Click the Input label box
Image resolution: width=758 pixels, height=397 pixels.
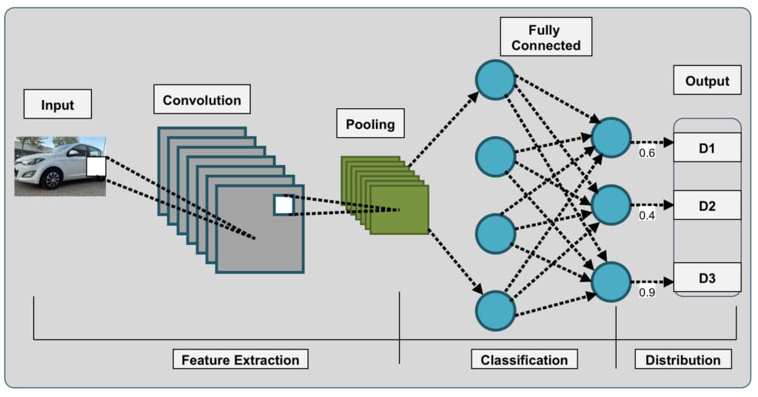(58, 104)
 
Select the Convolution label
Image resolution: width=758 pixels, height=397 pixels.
(202, 99)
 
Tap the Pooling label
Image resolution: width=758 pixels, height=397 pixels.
(370, 123)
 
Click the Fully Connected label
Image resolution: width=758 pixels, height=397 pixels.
(546, 37)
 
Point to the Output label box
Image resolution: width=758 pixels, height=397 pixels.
(707, 80)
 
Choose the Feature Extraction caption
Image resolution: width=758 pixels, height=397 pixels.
(241, 359)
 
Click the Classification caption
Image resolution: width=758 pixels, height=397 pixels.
(525, 359)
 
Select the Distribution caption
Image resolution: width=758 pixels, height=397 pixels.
(683, 359)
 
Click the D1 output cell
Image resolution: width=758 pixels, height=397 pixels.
(707, 147)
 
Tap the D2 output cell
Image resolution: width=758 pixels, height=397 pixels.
(707, 205)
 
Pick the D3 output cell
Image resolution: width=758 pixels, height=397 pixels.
(707, 278)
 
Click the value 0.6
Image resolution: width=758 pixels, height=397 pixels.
(647, 153)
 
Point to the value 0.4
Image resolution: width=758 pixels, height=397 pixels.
(647, 216)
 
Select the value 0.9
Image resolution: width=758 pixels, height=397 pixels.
(647, 292)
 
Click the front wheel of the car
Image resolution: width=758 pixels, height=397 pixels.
(51, 179)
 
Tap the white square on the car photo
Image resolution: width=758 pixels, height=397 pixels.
(96, 167)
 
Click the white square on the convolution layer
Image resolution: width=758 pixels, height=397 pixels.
(284, 205)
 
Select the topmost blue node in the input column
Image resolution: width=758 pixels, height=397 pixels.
(495, 80)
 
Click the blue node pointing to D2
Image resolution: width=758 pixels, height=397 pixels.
(611, 205)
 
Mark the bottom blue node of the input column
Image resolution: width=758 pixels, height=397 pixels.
(495, 311)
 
